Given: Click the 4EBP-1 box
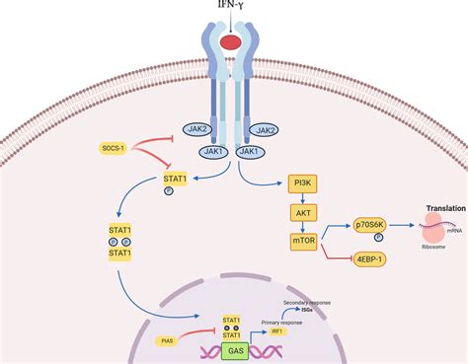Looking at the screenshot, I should point(370,258).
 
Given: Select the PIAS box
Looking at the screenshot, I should point(139,340).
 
